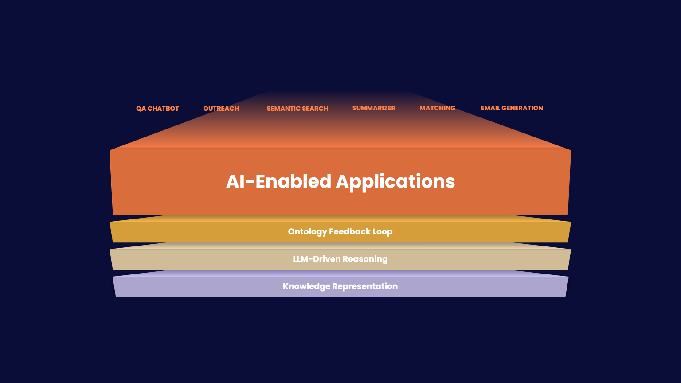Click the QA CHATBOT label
pos(157,109)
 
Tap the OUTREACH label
pos(221,109)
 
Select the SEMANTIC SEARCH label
pos(297,109)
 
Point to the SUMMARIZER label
pos(374,108)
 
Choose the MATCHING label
pos(437,108)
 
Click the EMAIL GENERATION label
pos(512,108)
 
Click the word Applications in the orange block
pos(395,182)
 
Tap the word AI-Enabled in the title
pos(278,182)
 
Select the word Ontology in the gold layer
pos(307,232)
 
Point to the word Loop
pos(383,232)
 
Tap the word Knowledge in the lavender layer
pos(306,287)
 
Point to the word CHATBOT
pos(163,109)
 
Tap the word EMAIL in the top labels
pos(490,108)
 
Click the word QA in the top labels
pos(141,109)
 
